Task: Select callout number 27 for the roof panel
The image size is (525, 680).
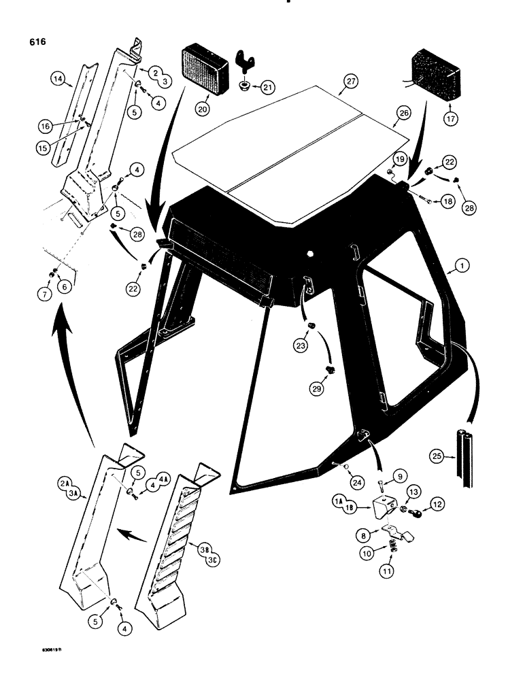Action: (350, 82)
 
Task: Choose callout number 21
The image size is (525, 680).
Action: (269, 86)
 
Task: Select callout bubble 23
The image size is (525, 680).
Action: (301, 345)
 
